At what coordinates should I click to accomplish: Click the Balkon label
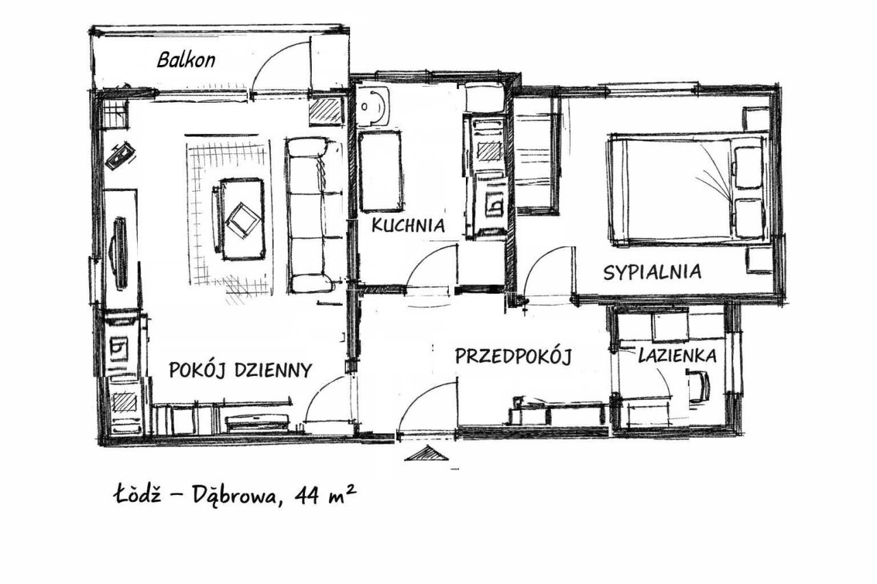pyautogui.click(x=186, y=61)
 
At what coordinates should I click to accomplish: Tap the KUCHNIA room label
pyautogui.click(x=408, y=225)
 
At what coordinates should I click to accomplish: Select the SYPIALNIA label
pyautogui.click(x=652, y=272)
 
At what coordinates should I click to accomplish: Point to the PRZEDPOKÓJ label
pyautogui.click(x=513, y=356)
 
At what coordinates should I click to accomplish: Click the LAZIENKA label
pyautogui.click(x=678, y=355)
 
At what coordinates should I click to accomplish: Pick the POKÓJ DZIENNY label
pyautogui.click(x=240, y=370)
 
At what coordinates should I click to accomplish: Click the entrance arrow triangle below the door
pyautogui.click(x=426, y=453)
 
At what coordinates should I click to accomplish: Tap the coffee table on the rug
pyautogui.click(x=243, y=219)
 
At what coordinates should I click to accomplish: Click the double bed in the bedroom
pyautogui.click(x=688, y=190)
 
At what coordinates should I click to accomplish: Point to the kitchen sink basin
pyautogui.click(x=373, y=106)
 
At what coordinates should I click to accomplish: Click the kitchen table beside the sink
pyautogui.click(x=380, y=171)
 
